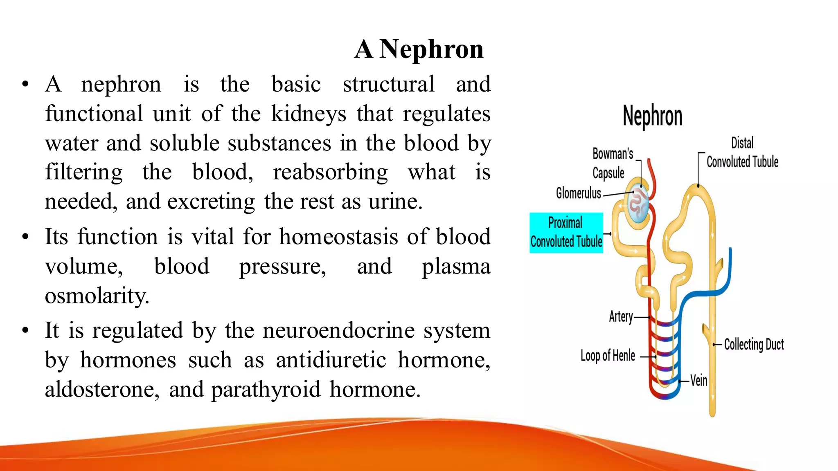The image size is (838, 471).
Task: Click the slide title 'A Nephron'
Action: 419,49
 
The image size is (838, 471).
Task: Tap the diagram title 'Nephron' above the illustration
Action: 653,116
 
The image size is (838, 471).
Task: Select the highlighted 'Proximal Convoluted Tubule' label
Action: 566,233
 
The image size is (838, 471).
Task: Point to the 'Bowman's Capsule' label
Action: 613,163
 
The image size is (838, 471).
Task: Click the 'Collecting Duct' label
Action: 754,345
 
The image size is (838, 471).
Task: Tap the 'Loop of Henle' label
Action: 608,356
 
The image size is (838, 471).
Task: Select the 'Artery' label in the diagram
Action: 621,316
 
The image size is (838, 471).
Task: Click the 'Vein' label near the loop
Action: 699,381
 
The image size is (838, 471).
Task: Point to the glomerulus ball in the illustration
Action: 639,203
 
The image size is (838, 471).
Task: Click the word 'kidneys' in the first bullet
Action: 309,114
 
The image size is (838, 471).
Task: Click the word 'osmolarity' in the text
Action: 97,296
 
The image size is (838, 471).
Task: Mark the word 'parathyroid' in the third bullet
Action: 266,390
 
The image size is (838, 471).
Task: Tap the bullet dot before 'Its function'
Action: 26,237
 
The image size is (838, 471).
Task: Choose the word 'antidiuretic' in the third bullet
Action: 331,360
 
